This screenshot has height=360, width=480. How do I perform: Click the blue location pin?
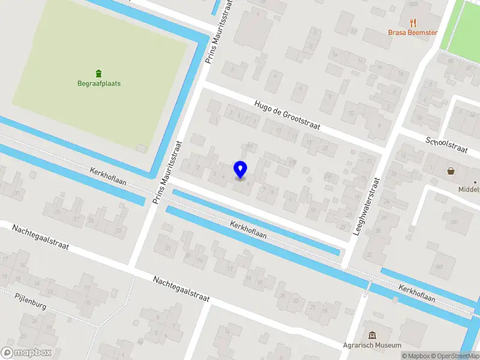(x=240, y=169)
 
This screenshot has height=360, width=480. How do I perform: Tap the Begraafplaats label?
(x=99, y=83)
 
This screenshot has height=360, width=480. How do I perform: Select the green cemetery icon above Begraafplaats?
(x=99, y=73)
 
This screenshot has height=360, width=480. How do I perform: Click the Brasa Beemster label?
(x=413, y=33)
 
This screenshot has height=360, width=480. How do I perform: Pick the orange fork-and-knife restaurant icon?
(x=413, y=22)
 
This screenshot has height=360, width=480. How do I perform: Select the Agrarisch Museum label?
(x=372, y=346)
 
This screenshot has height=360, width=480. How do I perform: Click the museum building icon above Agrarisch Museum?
(x=372, y=335)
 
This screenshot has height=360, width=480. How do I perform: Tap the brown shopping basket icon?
(x=451, y=171)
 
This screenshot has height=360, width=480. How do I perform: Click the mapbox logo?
(x=26, y=353)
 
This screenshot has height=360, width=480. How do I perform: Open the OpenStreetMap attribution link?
(x=454, y=356)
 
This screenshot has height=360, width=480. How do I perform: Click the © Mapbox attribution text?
(x=415, y=356)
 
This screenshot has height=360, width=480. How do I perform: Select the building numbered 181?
(x=454, y=223)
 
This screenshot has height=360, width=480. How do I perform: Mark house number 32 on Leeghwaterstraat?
(x=368, y=254)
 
